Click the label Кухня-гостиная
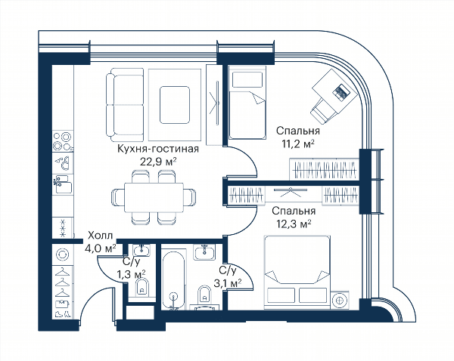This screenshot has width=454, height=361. (158, 149)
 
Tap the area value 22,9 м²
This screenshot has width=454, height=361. (158, 162)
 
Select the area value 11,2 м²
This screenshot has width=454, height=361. (298, 143)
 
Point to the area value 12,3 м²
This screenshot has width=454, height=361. (294, 224)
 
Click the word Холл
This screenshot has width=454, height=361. (100, 236)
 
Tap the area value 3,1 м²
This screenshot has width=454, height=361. (228, 283)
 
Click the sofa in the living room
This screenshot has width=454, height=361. (125, 105)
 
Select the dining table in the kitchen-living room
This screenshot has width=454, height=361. (154, 197)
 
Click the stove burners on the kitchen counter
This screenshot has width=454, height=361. (63, 141)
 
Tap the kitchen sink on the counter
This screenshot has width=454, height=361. (63, 184)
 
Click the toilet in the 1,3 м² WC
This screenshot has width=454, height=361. (141, 287)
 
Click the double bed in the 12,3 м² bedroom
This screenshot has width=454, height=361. (297, 273)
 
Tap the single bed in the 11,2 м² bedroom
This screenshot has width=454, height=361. (247, 103)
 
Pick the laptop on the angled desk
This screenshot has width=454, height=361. (342, 92)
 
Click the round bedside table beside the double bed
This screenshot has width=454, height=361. (338, 300)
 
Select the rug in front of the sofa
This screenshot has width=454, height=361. (175, 105)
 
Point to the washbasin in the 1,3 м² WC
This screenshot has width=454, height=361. (142, 250)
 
